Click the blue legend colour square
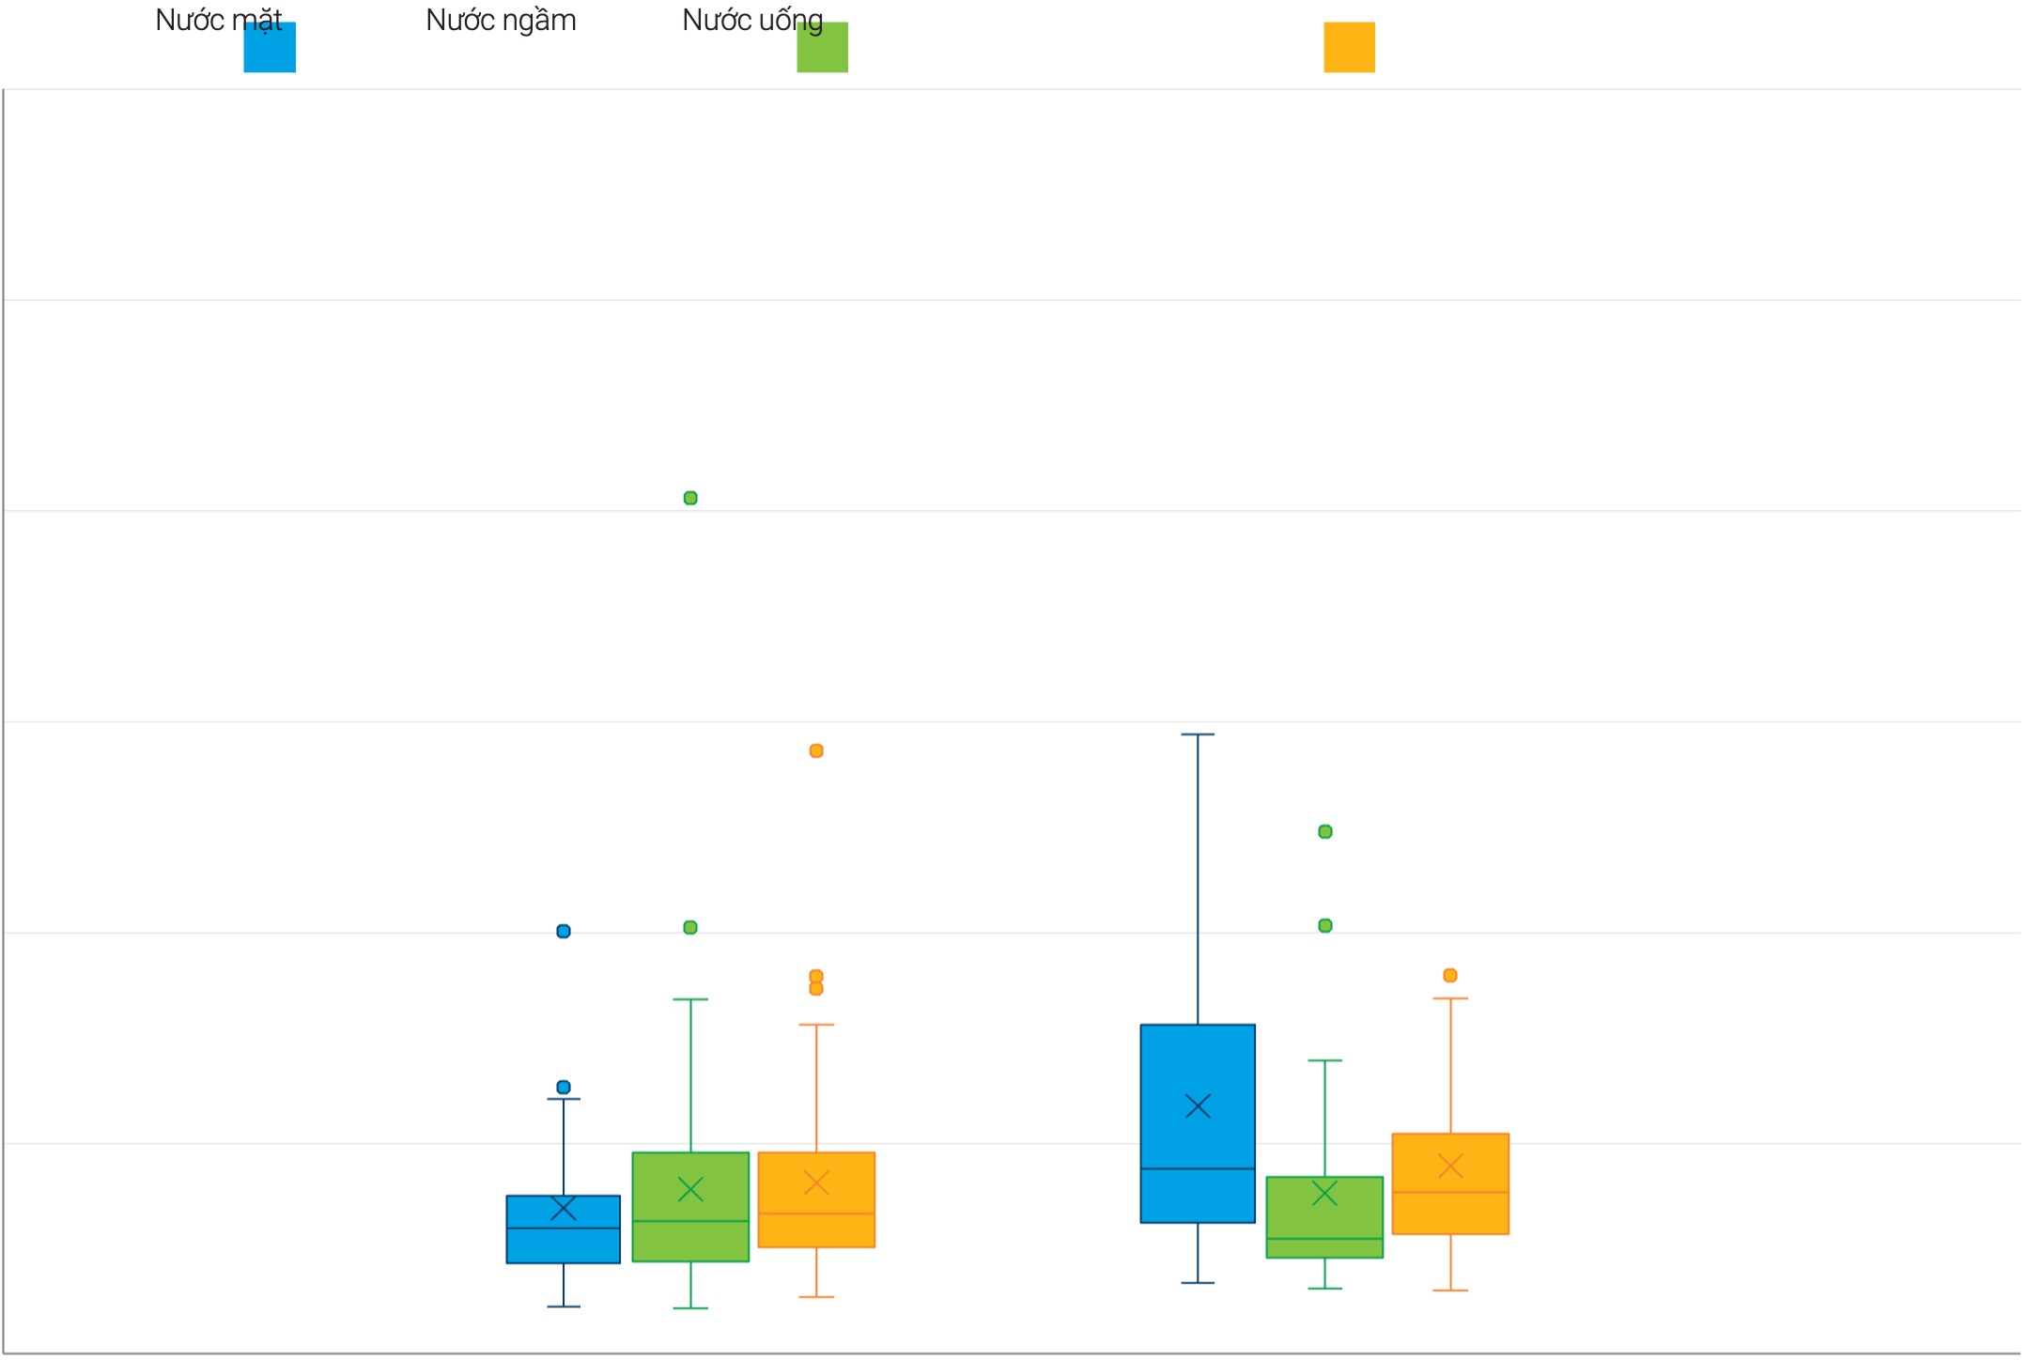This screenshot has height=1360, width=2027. (x=270, y=48)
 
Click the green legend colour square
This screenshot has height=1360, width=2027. (x=822, y=48)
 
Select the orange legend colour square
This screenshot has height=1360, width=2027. (x=1349, y=48)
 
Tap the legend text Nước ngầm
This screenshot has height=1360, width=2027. (x=501, y=20)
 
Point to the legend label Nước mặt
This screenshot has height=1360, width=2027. (x=218, y=20)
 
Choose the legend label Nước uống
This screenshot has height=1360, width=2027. (x=751, y=20)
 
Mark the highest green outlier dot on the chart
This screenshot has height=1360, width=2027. (x=690, y=498)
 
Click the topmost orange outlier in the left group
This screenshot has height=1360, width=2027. (x=816, y=750)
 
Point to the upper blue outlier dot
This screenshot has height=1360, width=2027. (x=564, y=931)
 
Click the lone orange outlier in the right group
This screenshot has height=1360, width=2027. (x=1450, y=975)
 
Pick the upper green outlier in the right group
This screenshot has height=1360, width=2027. (x=1325, y=831)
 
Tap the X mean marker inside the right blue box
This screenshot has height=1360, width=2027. (x=1198, y=1105)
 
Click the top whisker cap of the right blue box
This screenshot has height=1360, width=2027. (x=1198, y=734)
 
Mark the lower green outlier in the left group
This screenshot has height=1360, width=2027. (x=690, y=927)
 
